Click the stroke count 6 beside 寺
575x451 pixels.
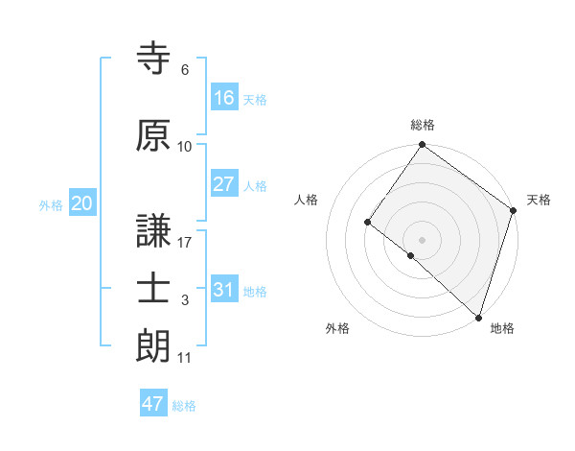[185, 70]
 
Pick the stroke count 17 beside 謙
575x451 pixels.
[185, 243]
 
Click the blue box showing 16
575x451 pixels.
[224, 97]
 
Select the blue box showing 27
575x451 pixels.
[224, 183]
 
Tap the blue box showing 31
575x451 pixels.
[224, 289]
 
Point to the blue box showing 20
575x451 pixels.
[81, 202]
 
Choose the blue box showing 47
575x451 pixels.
[153, 404]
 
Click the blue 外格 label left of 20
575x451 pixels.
[51, 204]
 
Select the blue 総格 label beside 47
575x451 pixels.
[184, 406]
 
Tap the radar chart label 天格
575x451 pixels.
[539, 200]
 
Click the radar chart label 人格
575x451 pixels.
[306, 200]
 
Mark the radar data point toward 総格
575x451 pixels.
[422, 146]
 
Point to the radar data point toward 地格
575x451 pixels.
[478, 317]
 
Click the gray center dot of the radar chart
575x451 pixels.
[422, 239]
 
